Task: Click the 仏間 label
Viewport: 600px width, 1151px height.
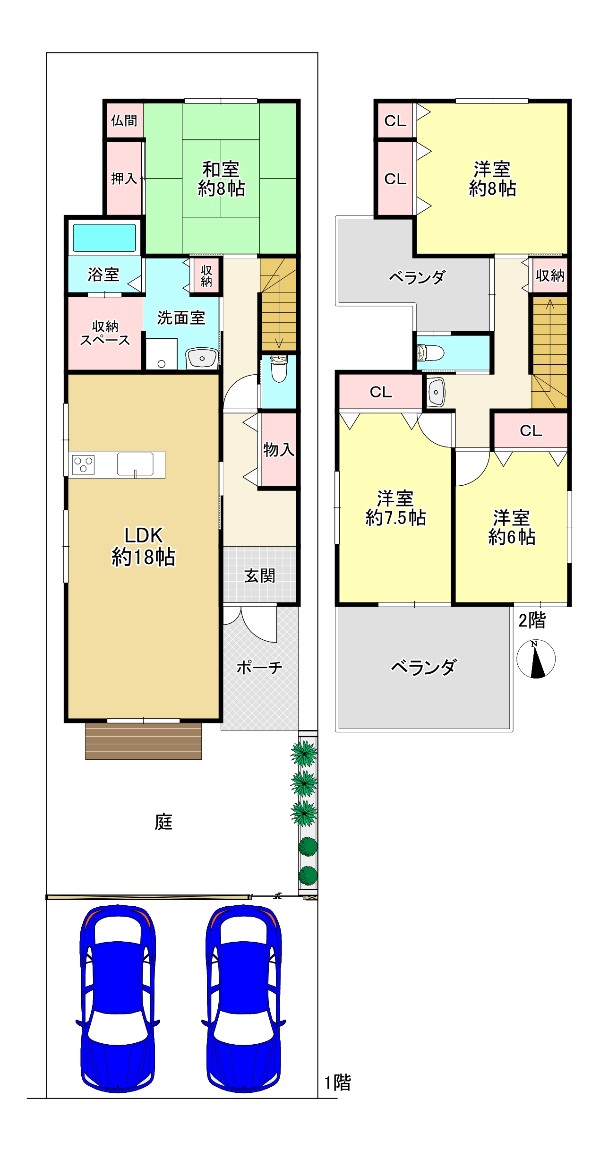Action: click(x=124, y=120)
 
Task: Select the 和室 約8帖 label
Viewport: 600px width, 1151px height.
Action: click(x=221, y=179)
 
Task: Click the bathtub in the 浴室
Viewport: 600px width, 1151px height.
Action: click(x=104, y=238)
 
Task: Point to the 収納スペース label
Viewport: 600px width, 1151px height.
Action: click(x=105, y=333)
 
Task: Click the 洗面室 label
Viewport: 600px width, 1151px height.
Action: click(x=181, y=318)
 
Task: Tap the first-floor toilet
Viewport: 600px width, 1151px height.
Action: click(x=278, y=369)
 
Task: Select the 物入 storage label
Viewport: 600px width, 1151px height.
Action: click(x=279, y=449)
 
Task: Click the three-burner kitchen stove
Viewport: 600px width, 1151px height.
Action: click(x=83, y=464)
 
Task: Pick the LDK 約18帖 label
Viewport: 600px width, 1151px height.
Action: click(x=143, y=547)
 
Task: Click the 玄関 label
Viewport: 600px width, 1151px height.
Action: click(x=259, y=575)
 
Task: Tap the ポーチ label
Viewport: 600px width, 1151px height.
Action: click(x=259, y=667)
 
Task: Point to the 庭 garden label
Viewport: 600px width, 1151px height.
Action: click(x=163, y=822)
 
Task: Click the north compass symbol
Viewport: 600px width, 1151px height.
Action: click(x=536, y=659)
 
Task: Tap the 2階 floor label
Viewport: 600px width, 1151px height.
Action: click(x=532, y=620)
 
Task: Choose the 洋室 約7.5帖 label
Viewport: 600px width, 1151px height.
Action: click(x=395, y=508)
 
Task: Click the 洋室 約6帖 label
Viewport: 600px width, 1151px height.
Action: click(x=512, y=528)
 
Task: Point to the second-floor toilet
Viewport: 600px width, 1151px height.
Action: click(x=431, y=352)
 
